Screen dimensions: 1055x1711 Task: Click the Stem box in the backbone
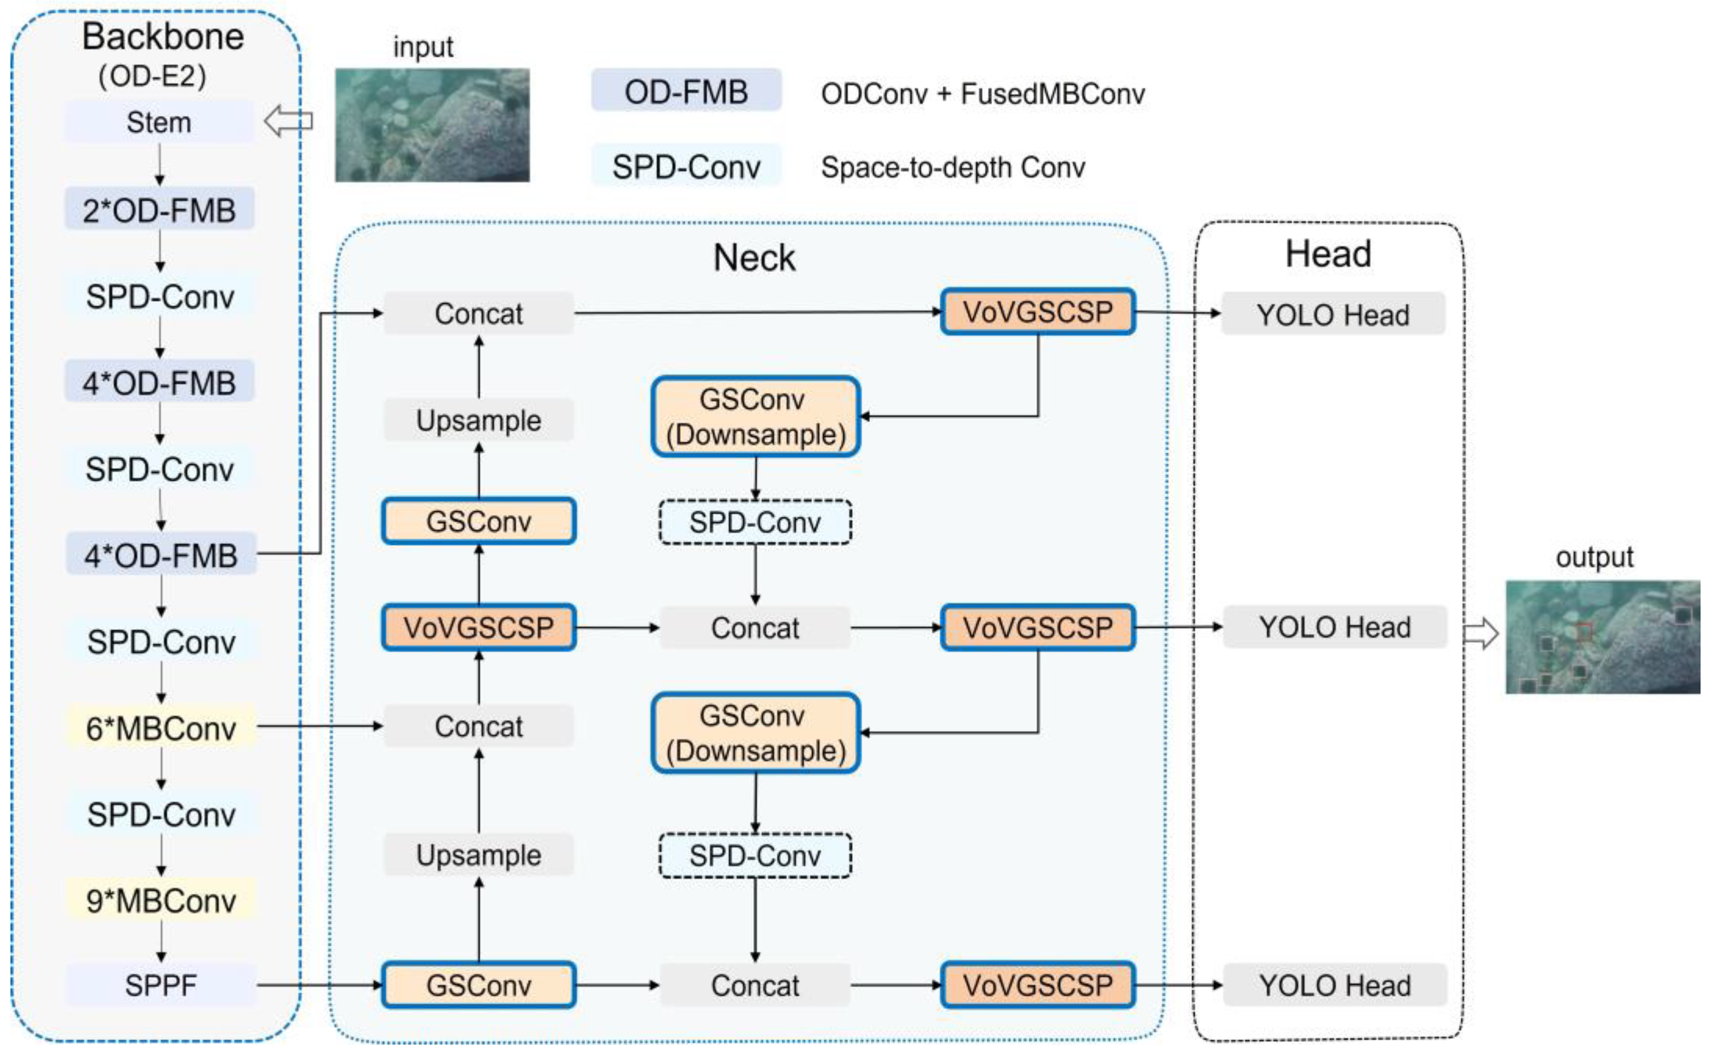[x=159, y=122]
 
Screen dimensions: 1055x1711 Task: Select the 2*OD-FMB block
[x=159, y=210]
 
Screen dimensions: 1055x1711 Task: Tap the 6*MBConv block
[x=161, y=728]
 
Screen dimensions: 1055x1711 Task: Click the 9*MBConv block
[x=161, y=900]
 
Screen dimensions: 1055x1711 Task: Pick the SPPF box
[x=161, y=985]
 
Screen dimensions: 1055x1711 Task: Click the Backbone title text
[x=163, y=36]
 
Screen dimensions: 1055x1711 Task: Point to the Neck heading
[x=754, y=257]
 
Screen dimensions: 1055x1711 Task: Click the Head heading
[x=1328, y=253]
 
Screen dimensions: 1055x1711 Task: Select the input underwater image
[x=432, y=125]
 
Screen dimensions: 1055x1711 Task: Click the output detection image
[x=1602, y=636]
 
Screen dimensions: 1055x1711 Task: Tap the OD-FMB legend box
[x=686, y=91]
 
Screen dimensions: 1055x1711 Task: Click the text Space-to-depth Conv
[x=952, y=167]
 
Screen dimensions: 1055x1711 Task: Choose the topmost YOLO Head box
[x=1333, y=314]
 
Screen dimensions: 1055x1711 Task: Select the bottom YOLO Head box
[x=1334, y=985]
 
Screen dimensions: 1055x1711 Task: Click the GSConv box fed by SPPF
[x=479, y=985]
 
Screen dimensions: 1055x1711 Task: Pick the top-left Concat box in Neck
[x=479, y=313]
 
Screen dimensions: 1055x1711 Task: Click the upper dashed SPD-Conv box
[x=754, y=522]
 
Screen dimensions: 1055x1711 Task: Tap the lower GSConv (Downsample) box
[x=755, y=733]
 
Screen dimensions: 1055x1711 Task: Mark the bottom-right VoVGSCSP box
[x=1037, y=985]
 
